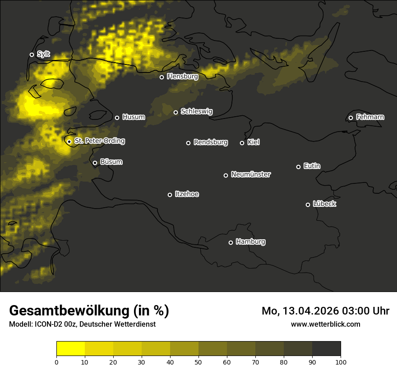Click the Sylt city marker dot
pos(32,55)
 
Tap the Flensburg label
pos(182,77)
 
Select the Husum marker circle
pos(117,118)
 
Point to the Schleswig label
pos(196,111)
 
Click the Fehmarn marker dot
pos(351,118)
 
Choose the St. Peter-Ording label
pos(100,141)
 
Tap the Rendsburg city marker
pos(188,143)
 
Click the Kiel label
pos(254,142)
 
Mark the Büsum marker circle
pos(95,163)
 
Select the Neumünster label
pos(251,174)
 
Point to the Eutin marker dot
pos(298,167)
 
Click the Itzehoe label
pos(187,194)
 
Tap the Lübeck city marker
pos(308,205)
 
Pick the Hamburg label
pos(250,242)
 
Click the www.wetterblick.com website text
pos(325,324)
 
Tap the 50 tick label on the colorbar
pos(198,362)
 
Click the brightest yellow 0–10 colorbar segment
pos(70,349)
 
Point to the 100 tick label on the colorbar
pos(341,362)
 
